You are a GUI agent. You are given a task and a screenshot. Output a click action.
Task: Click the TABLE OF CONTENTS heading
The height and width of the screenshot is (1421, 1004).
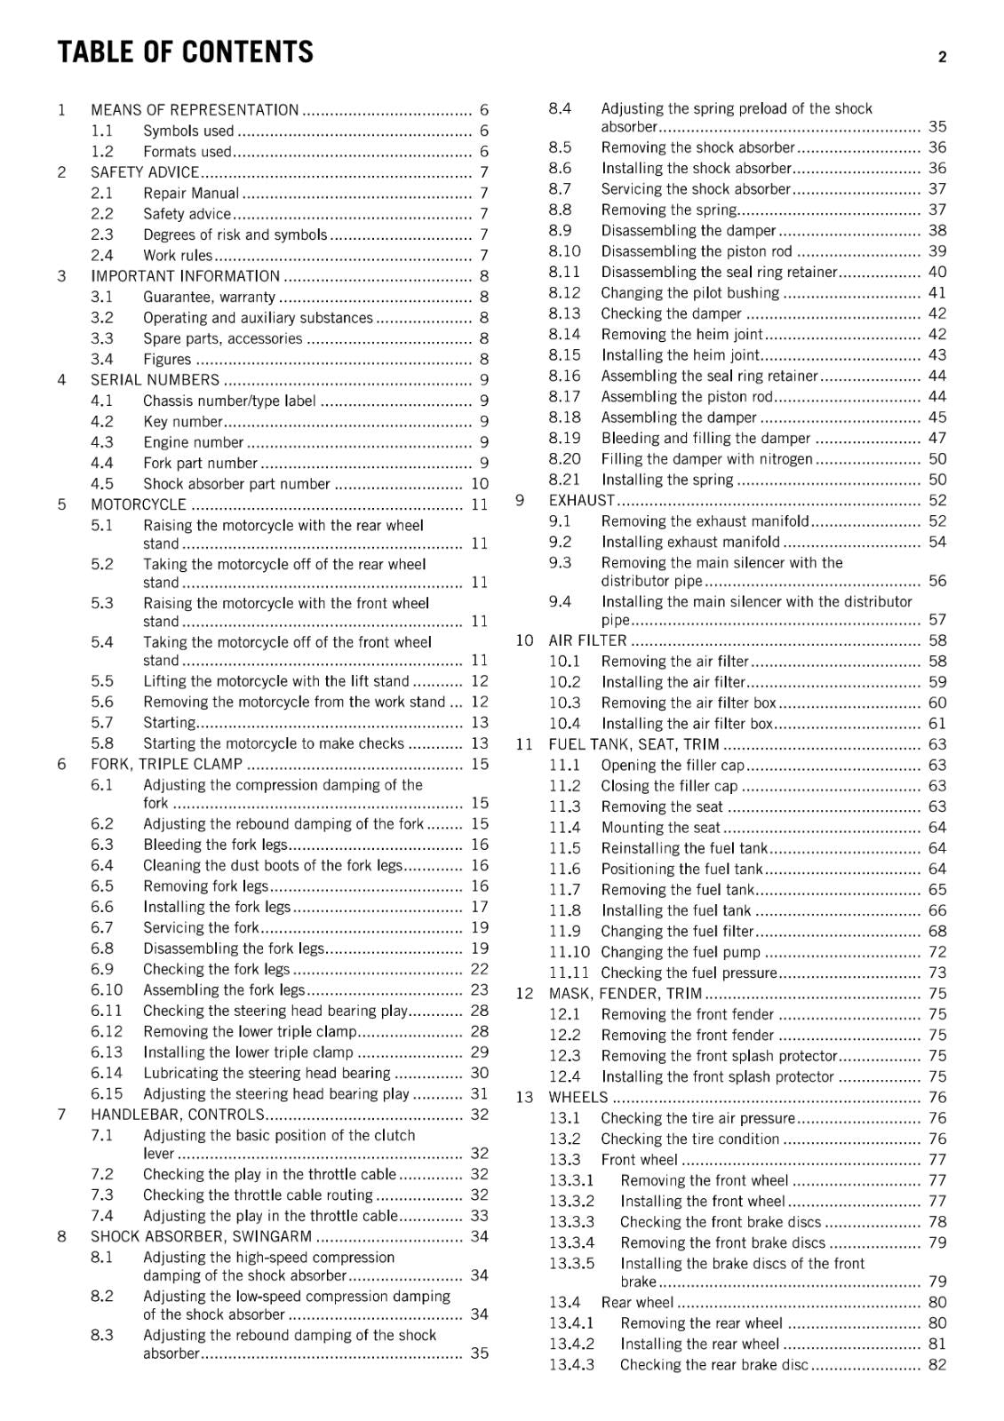pyautogui.click(x=185, y=52)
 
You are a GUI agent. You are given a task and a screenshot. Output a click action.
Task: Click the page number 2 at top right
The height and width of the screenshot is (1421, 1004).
pyautogui.click(x=942, y=58)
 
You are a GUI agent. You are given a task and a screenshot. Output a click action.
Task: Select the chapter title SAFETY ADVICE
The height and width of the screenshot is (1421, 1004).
pyautogui.click(x=145, y=172)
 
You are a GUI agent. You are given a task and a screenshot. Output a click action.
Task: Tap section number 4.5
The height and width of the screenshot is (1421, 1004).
pyautogui.click(x=102, y=484)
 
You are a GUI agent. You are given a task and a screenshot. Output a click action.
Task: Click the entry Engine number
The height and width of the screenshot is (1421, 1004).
pyautogui.click(x=193, y=442)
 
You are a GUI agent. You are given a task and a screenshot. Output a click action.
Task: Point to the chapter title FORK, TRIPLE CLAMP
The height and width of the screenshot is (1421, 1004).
pyautogui.click(x=166, y=764)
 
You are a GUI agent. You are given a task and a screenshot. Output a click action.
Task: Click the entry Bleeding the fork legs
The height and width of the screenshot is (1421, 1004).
pyautogui.click(x=215, y=845)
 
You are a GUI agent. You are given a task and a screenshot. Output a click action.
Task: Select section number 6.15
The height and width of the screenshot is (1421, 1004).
pyautogui.click(x=107, y=1094)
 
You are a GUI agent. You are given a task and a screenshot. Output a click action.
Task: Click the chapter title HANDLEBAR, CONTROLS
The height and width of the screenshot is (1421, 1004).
pyautogui.click(x=178, y=1115)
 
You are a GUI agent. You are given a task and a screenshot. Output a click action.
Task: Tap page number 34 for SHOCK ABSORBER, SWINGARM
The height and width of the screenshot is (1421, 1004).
pyautogui.click(x=480, y=1236)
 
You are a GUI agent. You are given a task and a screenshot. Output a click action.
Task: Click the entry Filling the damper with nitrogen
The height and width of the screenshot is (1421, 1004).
pyautogui.click(x=706, y=459)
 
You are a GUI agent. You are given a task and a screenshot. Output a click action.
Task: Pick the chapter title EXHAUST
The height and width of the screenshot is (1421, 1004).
pyautogui.click(x=581, y=501)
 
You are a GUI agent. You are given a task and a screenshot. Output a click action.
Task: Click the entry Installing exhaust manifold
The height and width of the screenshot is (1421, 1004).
pyautogui.click(x=690, y=542)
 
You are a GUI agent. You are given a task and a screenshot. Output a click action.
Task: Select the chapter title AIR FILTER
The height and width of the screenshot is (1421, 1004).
pyautogui.click(x=587, y=640)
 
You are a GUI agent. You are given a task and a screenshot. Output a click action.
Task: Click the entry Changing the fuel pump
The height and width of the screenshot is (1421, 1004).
pyautogui.click(x=681, y=952)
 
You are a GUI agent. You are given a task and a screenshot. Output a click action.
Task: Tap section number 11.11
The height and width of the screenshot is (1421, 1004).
pyautogui.click(x=569, y=973)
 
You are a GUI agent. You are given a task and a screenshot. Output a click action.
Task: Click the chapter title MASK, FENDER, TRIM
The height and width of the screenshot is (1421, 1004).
pyautogui.click(x=625, y=994)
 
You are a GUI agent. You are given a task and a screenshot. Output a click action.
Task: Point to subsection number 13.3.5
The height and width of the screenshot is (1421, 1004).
pyautogui.click(x=571, y=1264)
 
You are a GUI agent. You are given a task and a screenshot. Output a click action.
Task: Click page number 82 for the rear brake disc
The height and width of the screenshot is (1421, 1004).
pyautogui.click(x=937, y=1365)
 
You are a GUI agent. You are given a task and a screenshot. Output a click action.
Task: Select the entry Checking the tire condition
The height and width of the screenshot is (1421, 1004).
pyautogui.click(x=689, y=1139)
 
